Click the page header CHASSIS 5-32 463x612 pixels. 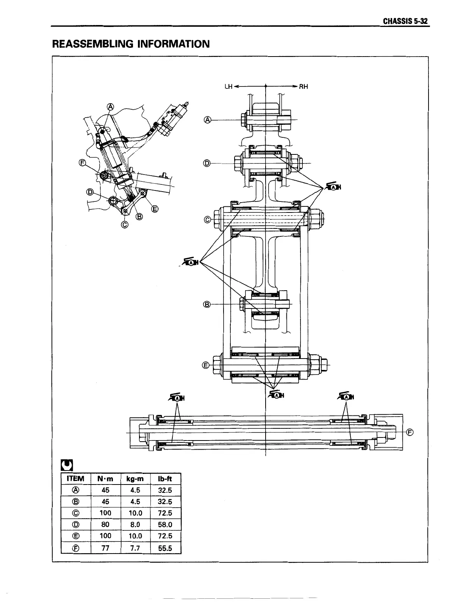pyautogui.click(x=405, y=21)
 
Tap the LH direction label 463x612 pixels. pyautogui.click(x=228, y=87)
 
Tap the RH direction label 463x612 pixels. pyautogui.click(x=303, y=87)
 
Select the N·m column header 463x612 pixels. pyautogui.click(x=105, y=479)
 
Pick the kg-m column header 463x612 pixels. pyautogui.click(x=135, y=479)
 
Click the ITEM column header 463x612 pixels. pyautogui.click(x=75, y=479)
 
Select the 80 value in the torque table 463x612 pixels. pyautogui.click(x=105, y=524)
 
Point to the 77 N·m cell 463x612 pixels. pyautogui.click(x=105, y=547)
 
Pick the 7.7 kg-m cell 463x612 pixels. pyautogui.click(x=135, y=547)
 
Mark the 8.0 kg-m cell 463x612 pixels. pyautogui.click(x=135, y=524)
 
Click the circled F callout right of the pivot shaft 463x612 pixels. pyautogui.click(x=410, y=432)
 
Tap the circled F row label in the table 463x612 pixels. pyautogui.click(x=75, y=547)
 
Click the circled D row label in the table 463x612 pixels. pyautogui.click(x=75, y=524)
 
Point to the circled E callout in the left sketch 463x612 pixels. pyautogui.click(x=155, y=208)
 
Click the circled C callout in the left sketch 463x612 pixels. pyautogui.click(x=124, y=224)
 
